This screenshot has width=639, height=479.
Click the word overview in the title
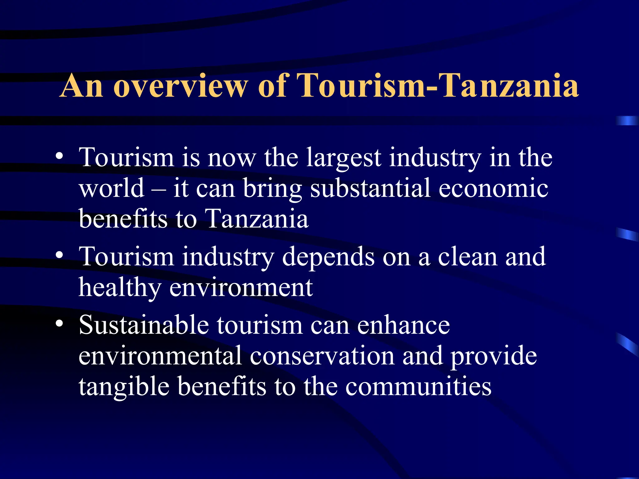(181, 86)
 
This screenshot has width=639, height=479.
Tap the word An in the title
(81, 86)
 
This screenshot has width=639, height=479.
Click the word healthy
(120, 288)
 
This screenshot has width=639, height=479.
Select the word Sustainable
(144, 325)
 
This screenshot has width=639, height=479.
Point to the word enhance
(403, 325)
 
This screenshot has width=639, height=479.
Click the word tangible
(124, 387)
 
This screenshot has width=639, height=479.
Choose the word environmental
(160, 356)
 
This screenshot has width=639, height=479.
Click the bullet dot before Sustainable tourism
(59, 324)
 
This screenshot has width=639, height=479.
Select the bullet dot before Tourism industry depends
(59, 255)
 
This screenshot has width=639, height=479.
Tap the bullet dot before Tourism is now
(59, 156)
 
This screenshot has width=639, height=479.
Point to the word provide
(494, 356)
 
